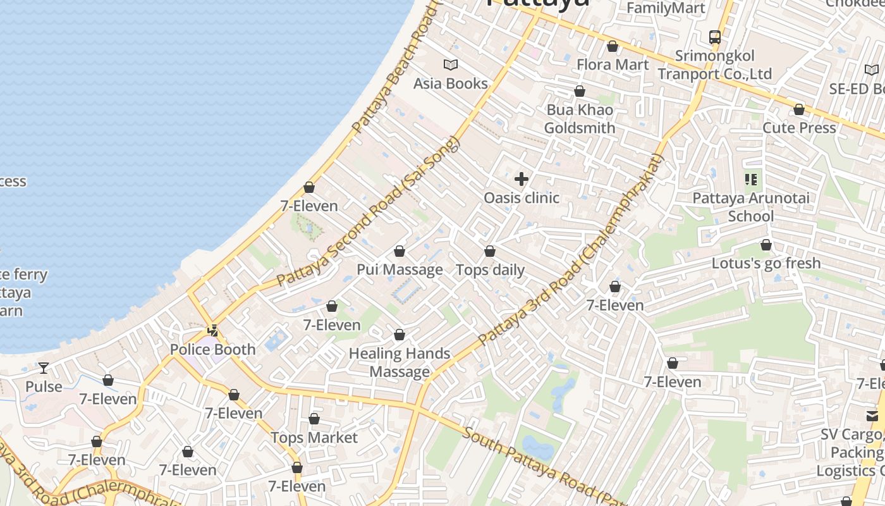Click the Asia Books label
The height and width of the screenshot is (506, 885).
pos(450,83)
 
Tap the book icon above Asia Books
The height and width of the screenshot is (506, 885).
pos(450,65)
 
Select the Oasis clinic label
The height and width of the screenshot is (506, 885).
pos(522,198)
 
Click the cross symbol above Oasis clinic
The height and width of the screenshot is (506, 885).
pos(522,179)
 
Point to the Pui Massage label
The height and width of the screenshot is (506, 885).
pos(400,269)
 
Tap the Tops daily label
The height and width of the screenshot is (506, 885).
pos(490,270)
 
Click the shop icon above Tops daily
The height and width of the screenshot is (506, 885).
pos(490,252)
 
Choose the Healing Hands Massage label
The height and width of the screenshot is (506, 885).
pos(400,362)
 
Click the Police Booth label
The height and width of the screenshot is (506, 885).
pos(212,349)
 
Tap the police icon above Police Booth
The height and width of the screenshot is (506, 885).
pos(213,330)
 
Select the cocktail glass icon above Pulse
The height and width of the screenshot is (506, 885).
pos(44,367)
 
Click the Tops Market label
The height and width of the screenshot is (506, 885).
pos(314,438)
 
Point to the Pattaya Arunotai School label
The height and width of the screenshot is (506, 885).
pos(751,207)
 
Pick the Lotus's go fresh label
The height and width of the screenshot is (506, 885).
pos(766,263)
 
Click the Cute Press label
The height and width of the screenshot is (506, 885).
pos(799,128)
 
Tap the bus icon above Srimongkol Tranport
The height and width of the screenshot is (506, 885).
pos(714,37)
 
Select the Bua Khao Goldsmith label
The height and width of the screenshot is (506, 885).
pos(579,119)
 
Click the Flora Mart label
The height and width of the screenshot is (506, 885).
pos(613,65)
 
